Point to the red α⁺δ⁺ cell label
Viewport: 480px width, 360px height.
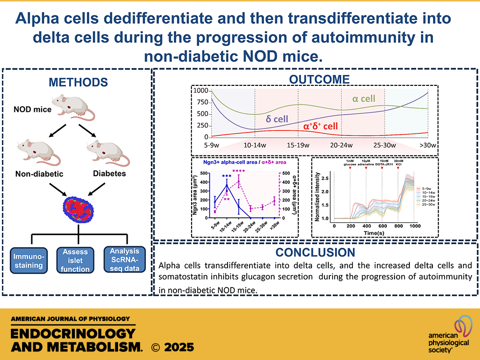pos(320,127)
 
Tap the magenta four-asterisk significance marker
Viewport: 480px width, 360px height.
pos(239,171)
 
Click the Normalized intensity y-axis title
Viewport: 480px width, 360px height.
pos(317,195)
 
